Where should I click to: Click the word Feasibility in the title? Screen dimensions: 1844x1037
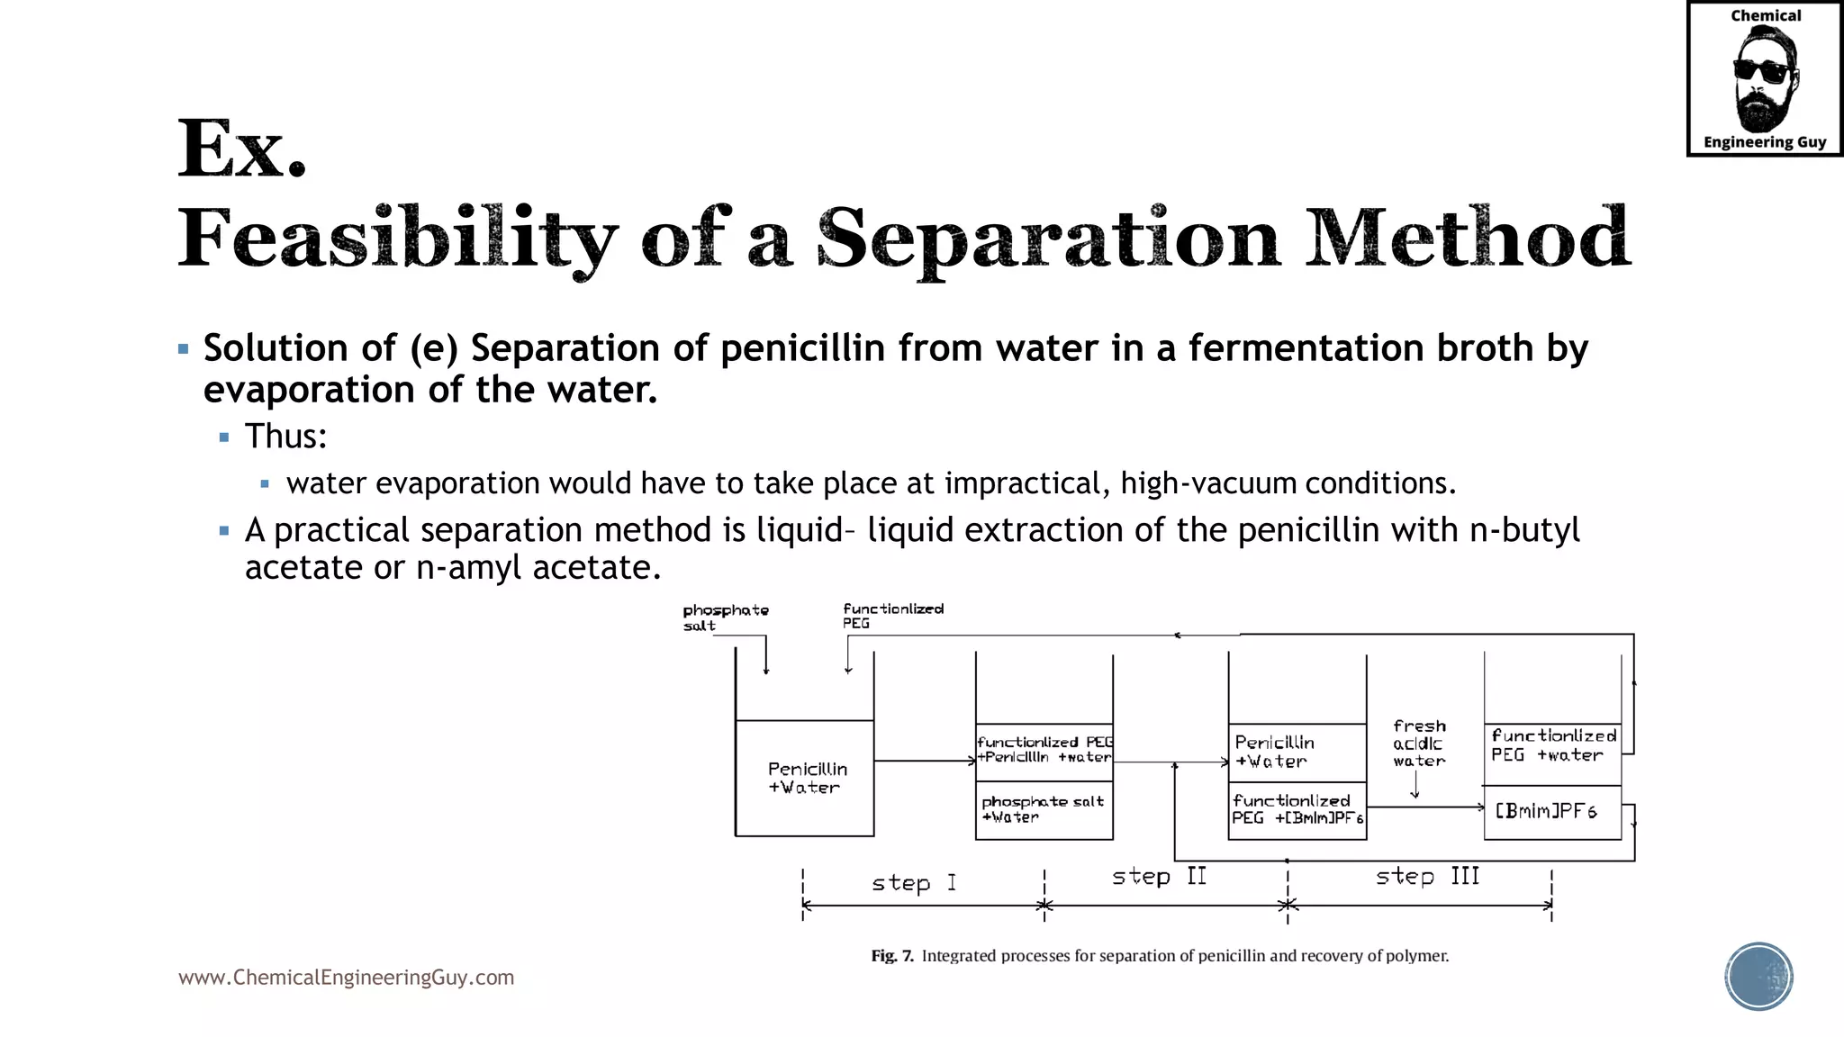pyautogui.click(x=397, y=239)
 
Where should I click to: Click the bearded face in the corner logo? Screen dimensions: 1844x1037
pyautogui.click(x=1764, y=79)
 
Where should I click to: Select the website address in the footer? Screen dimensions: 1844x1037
pyautogui.click(x=346, y=978)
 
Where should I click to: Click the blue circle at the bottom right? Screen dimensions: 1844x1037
pyautogui.click(x=1758, y=976)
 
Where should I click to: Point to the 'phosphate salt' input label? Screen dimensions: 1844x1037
pyautogui.click(x=725, y=618)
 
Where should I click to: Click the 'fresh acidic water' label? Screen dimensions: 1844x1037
pyautogui.click(x=1419, y=744)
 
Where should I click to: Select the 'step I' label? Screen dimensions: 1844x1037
pyautogui.click(x=913, y=883)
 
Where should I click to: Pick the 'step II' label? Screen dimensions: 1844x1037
pyautogui.click(x=1159, y=877)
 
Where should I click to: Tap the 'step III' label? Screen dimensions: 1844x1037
pyautogui.click(x=1427, y=877)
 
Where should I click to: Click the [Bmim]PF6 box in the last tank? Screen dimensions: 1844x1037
pyautogui.click(x=1551, y=812)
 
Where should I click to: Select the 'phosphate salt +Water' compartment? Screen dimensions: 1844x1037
pyautogui.click(x=1044, y=810)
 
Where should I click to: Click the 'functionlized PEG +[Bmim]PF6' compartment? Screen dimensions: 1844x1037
pyautogui.click(x=1297, y=810)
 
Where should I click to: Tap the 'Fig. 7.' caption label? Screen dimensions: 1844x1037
pyautogui.click(x=891, y=956)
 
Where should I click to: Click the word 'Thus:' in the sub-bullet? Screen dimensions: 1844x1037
pyautogui.click(x=285, y=437)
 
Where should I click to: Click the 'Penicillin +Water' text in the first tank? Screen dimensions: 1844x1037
pyautogui.click(x=806, y=778)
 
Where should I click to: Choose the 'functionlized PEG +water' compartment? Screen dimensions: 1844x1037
pyautogui.click(x=1552, y=746)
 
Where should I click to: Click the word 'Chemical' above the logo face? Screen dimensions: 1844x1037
pyautogui.click(x=1765, y=16)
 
